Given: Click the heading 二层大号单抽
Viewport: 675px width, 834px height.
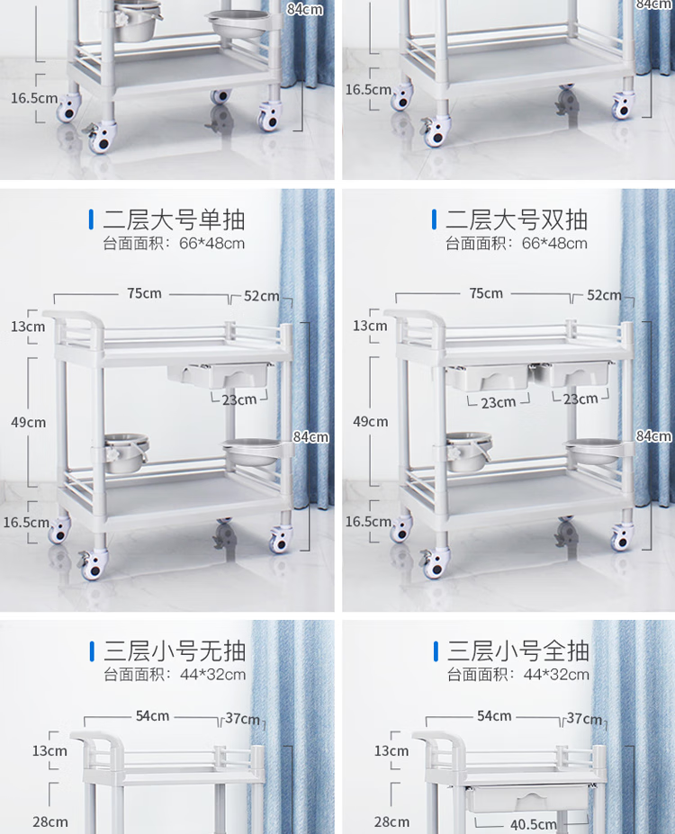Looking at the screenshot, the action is point(174,220).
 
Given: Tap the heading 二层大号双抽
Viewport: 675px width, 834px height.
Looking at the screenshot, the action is point(517,220).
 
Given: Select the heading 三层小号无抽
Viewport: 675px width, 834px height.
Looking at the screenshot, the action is point(175,651).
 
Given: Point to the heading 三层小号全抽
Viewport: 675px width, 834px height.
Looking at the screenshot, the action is point(518,651).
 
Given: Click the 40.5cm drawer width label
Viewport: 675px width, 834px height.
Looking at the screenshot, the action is point(533,824).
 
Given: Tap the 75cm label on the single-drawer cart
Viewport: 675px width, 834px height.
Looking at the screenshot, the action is point(144,293).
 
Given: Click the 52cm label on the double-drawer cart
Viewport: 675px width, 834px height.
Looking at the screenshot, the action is point(604,295).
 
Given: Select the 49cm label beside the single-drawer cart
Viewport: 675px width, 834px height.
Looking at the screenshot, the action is point(28,422).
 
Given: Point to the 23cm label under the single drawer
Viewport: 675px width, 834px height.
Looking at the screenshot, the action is point(239,399).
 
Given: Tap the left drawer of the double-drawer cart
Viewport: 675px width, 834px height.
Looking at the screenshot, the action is point(487,376).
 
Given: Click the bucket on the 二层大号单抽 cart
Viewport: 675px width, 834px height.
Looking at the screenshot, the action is point(126,453).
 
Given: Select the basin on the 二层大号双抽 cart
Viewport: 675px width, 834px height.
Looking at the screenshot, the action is point(593,450).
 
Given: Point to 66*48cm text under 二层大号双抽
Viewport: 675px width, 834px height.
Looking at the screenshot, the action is point(554,244).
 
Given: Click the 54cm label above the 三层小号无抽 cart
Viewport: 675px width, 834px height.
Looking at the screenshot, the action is point(153,716).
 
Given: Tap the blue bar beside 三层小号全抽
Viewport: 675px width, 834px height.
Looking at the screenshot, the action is point(436,651).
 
